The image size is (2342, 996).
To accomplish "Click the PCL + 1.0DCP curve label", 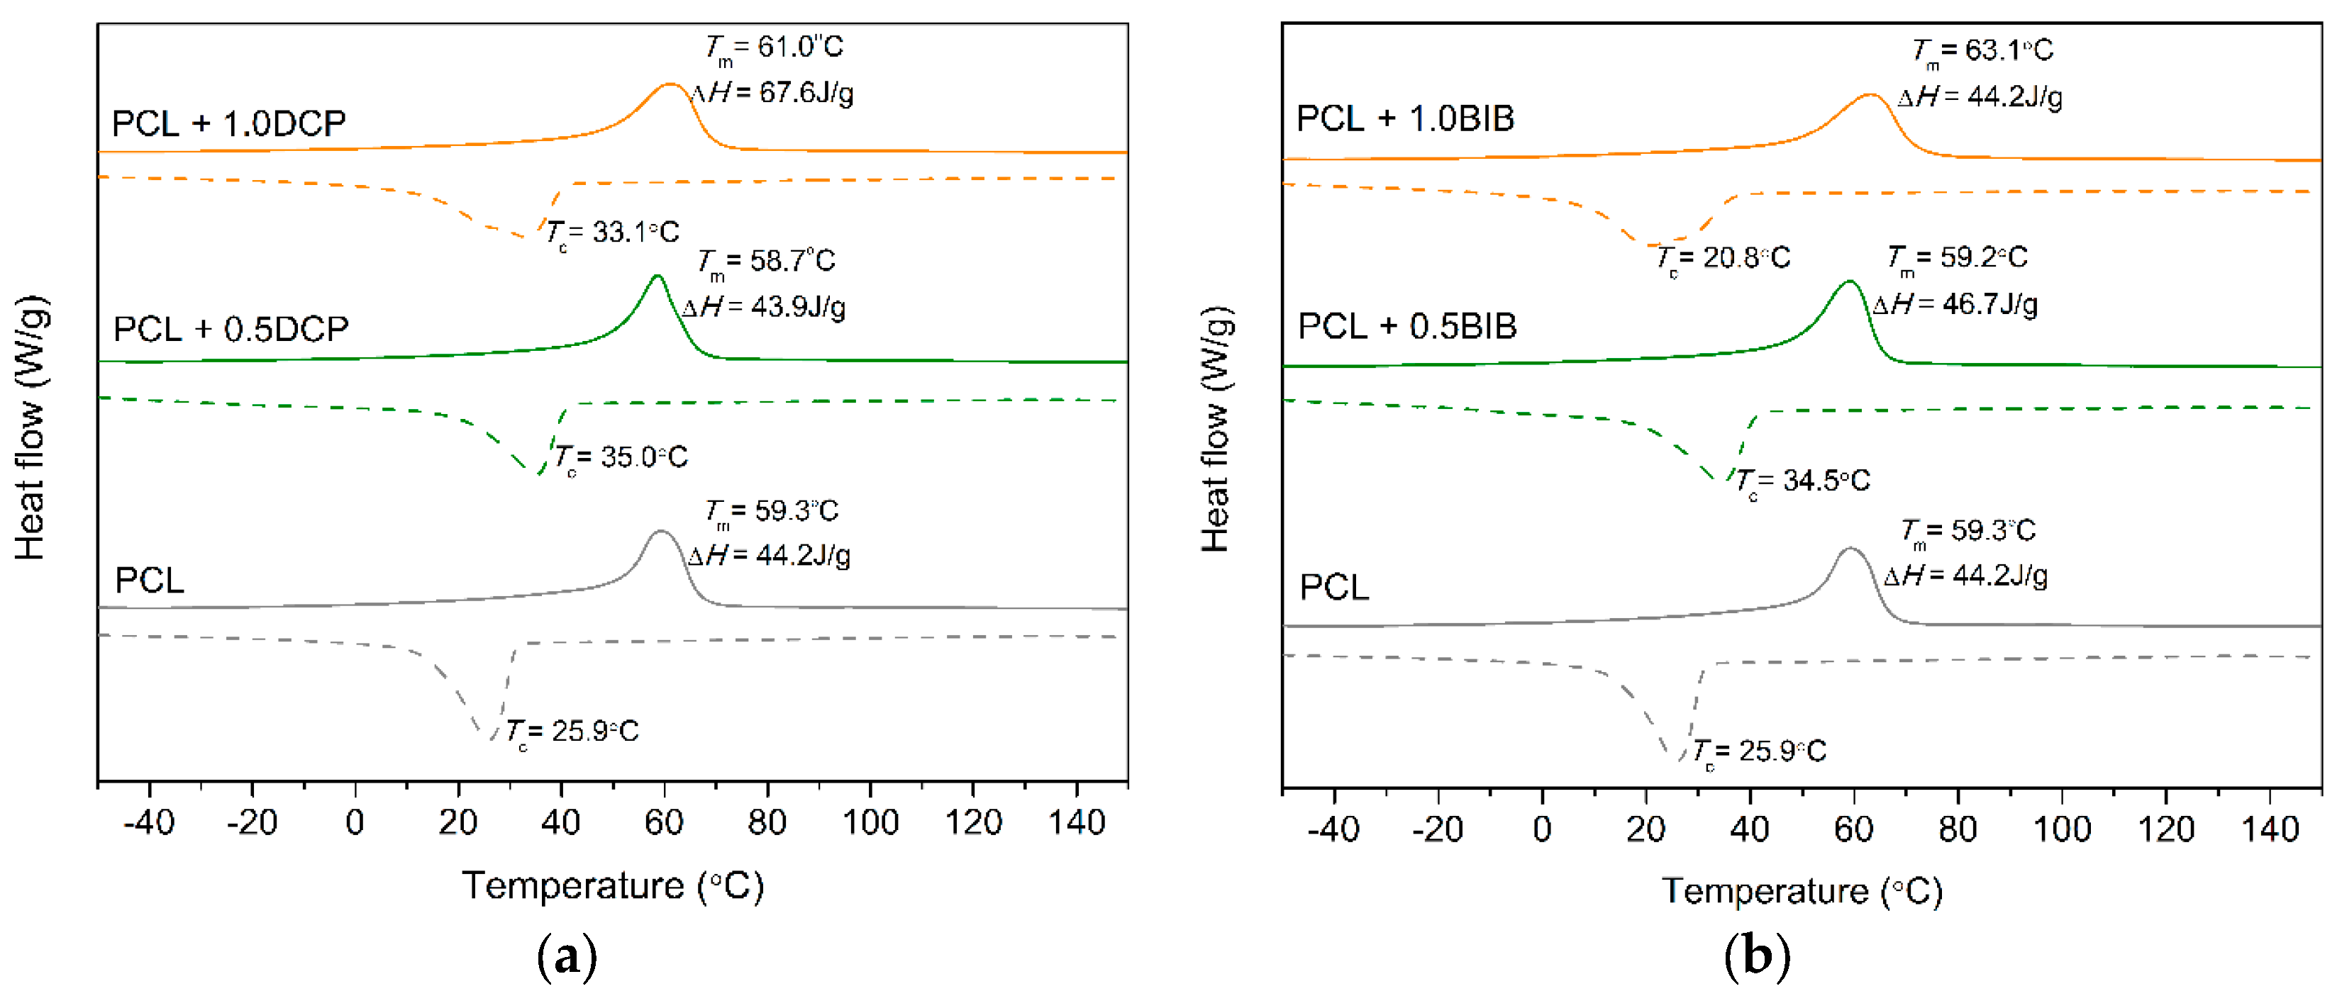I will [x=228, y=123].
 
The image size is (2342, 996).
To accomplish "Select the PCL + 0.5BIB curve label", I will [x=1406, y=326].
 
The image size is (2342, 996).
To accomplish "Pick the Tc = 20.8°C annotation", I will [x=1722, y=259].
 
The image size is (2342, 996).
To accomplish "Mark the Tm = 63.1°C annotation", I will [x=1981, y=51].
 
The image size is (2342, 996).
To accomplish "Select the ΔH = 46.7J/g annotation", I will [x=1955, y=303].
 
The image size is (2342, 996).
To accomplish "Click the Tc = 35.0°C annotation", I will [x=621, y=457].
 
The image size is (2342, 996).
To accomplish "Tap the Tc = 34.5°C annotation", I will [x=1802, y=481].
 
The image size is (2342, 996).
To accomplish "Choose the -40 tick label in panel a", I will [x=149, y=822].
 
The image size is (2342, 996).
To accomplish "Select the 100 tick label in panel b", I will [x=2061, y=829].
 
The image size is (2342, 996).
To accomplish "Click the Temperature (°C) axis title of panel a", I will [x=613, y=885].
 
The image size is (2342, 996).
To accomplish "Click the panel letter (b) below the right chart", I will [x=1756, y=957].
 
